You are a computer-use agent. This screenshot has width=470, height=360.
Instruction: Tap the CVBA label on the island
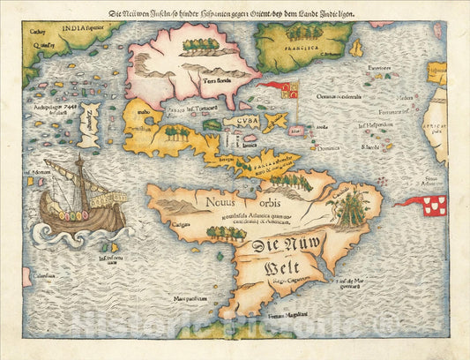(241, 122)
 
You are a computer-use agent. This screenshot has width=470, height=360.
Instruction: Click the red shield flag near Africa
(434, 206)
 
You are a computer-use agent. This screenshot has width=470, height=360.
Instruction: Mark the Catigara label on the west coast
(170, 224)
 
